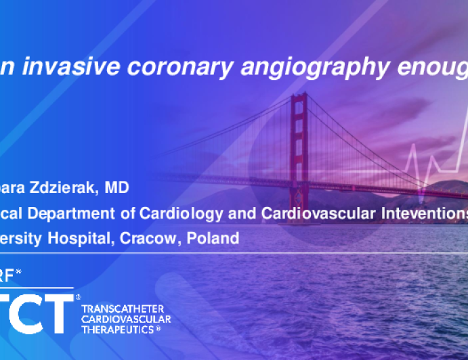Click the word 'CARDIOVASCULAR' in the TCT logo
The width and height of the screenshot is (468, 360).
pyautogui.click(x=126, y=319)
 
